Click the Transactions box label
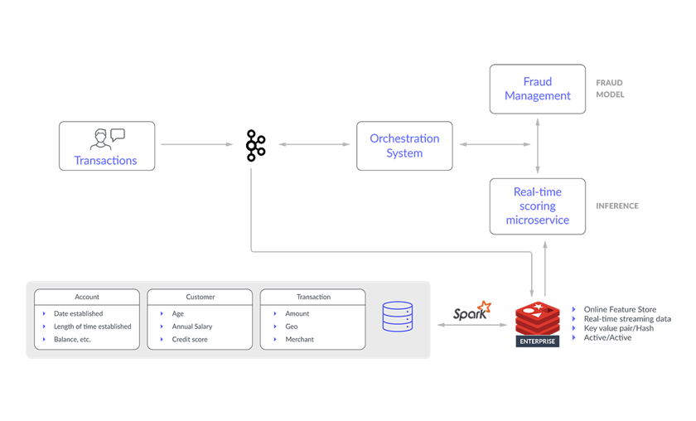coord(106,160)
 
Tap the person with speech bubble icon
coord(108,139)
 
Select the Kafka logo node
coord(256,145)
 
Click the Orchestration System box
coord(404,146)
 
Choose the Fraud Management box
coord(538,89)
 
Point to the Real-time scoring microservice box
coord(538,206)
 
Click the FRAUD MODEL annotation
coord(610,89)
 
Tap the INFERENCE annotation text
coord(617,206)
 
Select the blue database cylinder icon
coord(398,317)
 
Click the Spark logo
coord(471,311)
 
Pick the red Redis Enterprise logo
coord(538,324)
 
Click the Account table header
coord(87,297)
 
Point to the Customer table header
coord(201,297)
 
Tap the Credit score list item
coord(190,339)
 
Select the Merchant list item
coord(300,339)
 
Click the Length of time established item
coord(92,327)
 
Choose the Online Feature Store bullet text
coord(620,309)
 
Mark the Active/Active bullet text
coord(607,337)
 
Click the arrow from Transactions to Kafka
coord(196,144)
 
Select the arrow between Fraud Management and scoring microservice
coord(538,146)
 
